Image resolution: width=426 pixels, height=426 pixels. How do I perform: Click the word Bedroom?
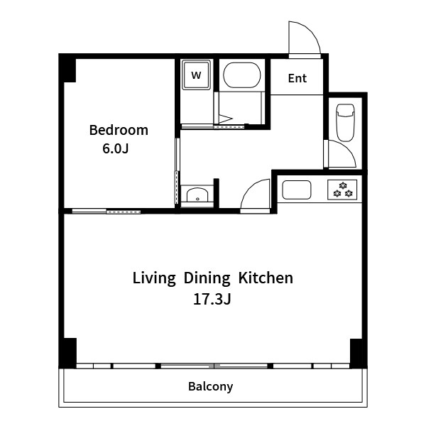tap(119, 130)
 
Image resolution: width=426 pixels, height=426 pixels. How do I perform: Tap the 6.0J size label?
tap(116, 148)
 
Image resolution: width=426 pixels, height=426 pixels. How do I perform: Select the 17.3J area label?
tap(212, 299)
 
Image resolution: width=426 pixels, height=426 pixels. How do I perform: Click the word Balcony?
tap(211, 387)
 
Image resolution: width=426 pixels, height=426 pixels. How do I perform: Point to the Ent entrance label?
tap(297, 78)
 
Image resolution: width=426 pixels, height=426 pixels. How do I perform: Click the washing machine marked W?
tap(196, 75)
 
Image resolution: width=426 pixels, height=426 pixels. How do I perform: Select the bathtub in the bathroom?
tap(242, 75)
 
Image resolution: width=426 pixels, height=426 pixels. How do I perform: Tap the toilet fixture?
tap(345, 122)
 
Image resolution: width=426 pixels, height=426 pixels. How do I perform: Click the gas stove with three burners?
tap(342, 190)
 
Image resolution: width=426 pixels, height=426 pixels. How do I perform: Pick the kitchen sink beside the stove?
tap(297, 190)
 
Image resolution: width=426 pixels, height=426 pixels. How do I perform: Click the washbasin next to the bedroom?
tap(197, 195)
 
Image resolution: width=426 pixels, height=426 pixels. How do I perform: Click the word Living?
tap(154, 278)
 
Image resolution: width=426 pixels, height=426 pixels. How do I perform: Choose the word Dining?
tap(207, 278)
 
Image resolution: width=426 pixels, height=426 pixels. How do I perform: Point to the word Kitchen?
tap(266, 278)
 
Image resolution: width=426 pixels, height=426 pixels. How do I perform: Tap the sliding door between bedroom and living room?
tap(106, 211)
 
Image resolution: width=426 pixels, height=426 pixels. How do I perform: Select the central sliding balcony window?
tap(214, 366)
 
